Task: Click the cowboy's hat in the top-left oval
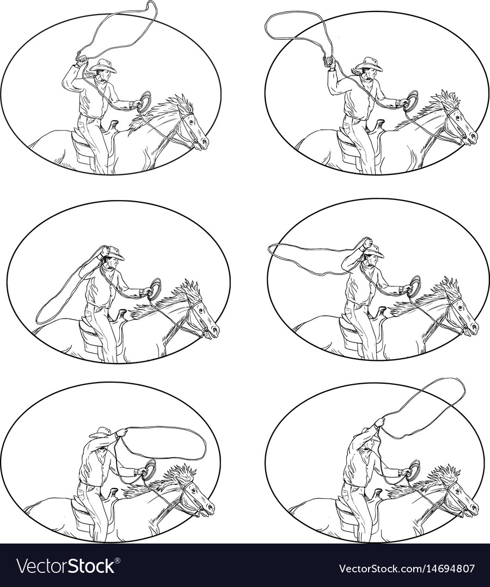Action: (103, 66)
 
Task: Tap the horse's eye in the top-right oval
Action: (457, 116)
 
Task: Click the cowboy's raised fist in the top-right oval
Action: (330, 61)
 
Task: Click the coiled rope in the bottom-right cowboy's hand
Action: (414, 470)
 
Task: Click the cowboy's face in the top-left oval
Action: (107, 76)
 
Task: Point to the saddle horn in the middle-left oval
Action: (121, 314)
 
